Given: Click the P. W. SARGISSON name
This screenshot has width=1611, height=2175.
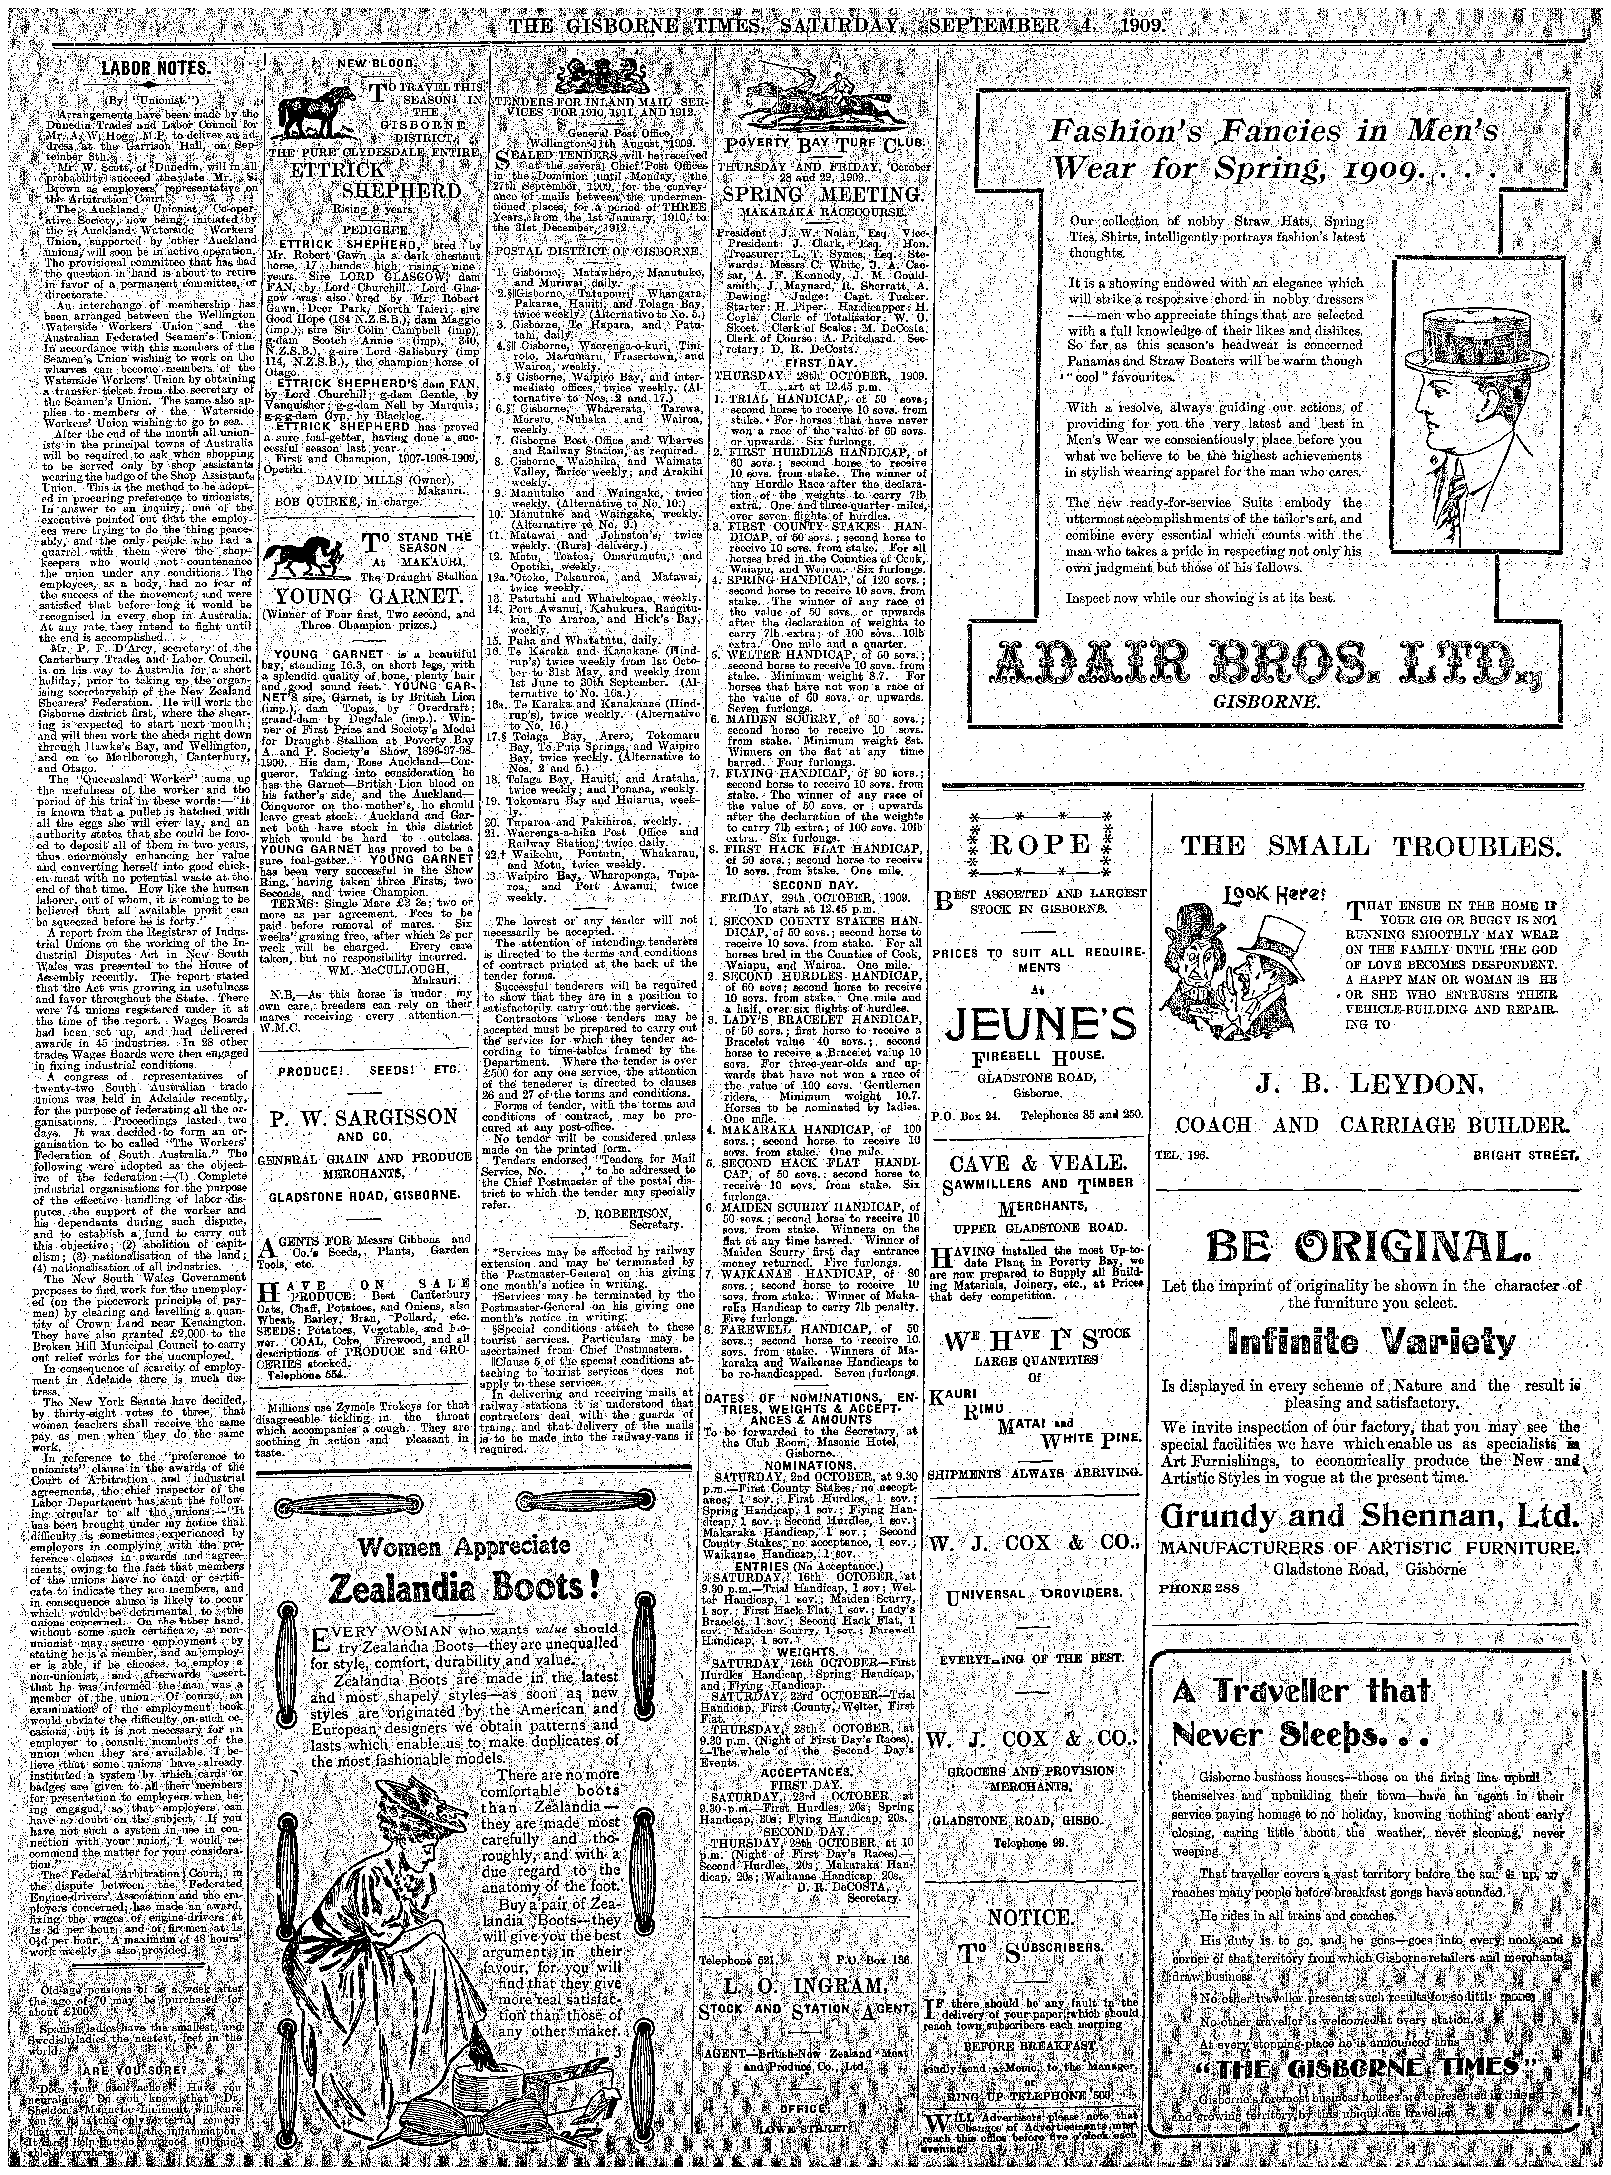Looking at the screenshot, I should click(x=363, y=1116).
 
